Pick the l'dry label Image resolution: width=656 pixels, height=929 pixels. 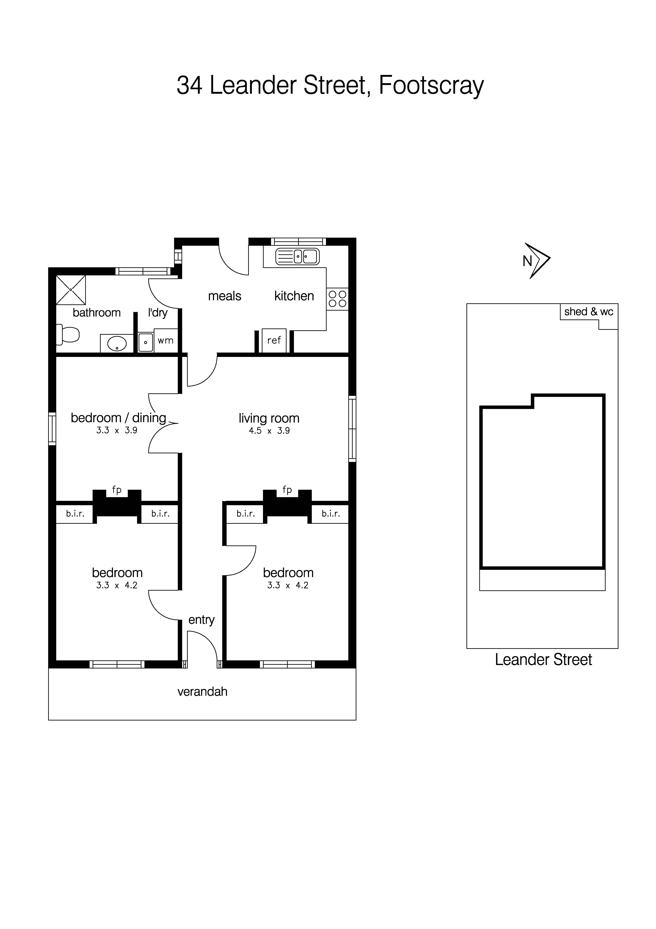point(158,313)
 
